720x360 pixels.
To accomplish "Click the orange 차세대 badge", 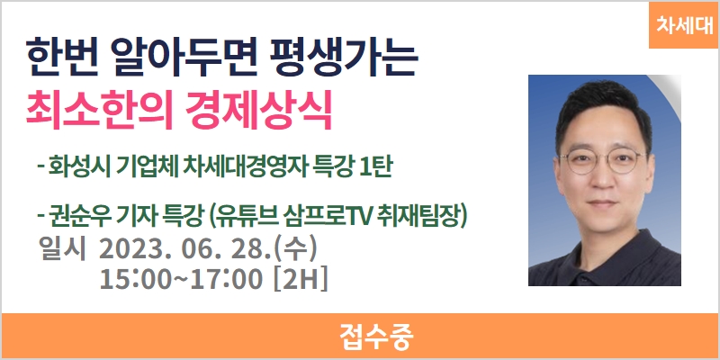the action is click(x=683, y=25).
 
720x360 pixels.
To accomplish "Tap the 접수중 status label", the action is click(x=376, y=337).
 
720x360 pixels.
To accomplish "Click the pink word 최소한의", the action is click(x=100, y=111).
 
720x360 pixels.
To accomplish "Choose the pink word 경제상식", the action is click(x=259, y=111).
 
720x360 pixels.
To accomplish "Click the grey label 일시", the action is click(x=63, y=250).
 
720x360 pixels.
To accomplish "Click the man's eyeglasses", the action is click(x=602, y=161).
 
